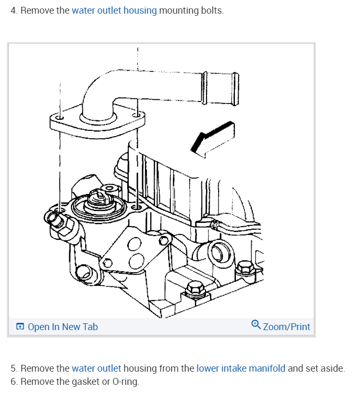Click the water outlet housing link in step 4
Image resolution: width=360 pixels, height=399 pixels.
[x=114, y=11]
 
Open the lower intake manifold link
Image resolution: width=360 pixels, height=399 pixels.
[x=241, y=368]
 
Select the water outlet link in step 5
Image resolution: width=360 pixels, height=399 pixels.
[x=96, y=368]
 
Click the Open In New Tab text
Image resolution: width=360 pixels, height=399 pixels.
[x=63, y=326]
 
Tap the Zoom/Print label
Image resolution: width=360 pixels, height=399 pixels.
[x=286, y=326]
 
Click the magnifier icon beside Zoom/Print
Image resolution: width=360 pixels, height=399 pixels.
[x=256, y=325]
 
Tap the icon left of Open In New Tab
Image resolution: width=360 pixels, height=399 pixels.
[x=20, y=327]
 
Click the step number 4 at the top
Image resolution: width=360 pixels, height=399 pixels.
[x=13, y=11]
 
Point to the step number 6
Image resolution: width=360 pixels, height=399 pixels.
[x=13, y=381]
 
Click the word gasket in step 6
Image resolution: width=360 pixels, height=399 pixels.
[x=84, y=381]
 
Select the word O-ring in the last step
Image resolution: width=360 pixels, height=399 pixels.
[x=126, y=381]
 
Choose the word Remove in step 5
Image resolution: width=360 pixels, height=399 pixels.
[x=37, y=368]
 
